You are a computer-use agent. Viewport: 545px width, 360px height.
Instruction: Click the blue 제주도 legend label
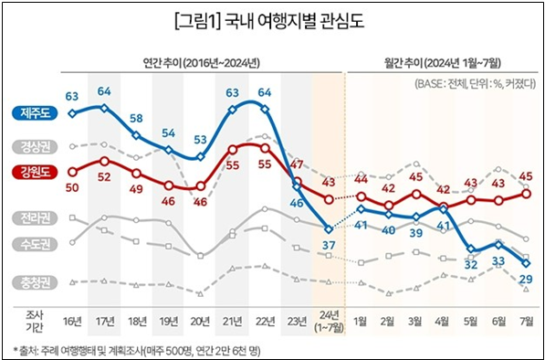point(34,112)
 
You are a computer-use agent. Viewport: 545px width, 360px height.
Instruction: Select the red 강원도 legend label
point(34,172)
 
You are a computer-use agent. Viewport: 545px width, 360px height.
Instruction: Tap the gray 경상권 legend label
point(34,146)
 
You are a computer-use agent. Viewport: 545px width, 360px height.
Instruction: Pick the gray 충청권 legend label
point(34,281)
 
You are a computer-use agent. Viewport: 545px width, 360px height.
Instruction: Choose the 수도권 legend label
point(34,244)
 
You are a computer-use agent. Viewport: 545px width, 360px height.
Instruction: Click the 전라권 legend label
point(34,217)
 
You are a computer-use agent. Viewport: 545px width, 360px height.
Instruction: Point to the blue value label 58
point(137,118)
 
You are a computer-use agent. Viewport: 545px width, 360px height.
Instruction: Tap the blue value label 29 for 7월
point(527,279)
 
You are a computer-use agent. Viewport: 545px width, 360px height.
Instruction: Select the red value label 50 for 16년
point(72,186)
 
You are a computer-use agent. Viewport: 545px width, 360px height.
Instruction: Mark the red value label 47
point(296,164)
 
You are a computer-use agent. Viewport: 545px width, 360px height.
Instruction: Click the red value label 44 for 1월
point(361,178)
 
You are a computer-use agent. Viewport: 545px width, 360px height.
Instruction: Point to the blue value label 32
point(471,264)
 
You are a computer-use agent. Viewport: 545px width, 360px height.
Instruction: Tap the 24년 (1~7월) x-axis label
point(328,322)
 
